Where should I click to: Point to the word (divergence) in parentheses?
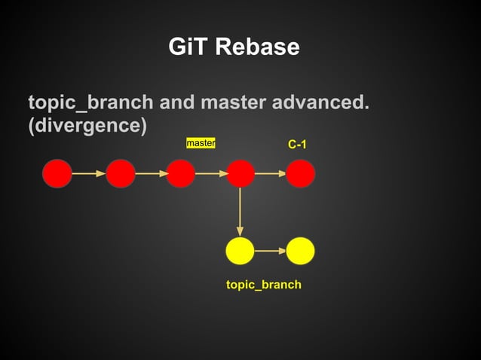tap(87, 125)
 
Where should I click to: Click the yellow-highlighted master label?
tap(201, 142)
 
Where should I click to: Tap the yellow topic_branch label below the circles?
tap(264, 285)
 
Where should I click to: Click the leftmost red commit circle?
tap(57, 173)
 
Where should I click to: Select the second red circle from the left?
tap(121, 173)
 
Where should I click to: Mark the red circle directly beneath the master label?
tap(181, 173)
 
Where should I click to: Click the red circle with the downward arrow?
tap(240, 173)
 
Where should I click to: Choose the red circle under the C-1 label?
tap(300, 173)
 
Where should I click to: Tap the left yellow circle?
tap(240, 251)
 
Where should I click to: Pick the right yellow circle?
tap(300, 251)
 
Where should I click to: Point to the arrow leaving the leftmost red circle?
tap(89, 173)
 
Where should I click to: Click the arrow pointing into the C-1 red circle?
tap(270, 173)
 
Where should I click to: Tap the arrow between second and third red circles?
tap(151, 173)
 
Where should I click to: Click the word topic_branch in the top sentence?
tap(90, 102)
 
